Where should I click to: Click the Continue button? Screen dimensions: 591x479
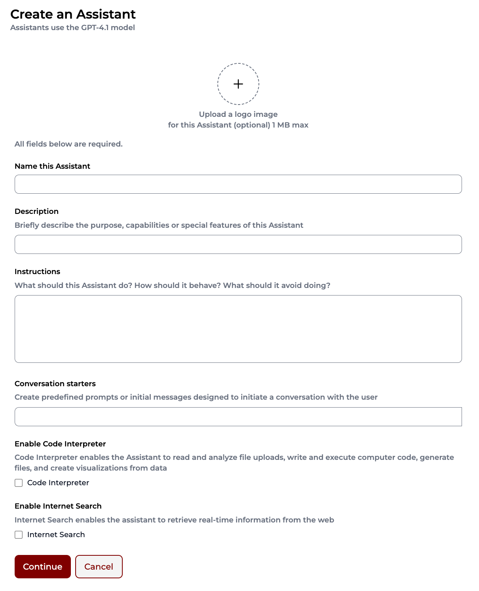[43, 566]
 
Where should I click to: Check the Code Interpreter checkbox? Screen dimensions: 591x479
[19, 483]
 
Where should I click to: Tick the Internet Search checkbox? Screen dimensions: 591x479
[19, 535]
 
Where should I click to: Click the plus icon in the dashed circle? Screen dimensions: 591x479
[238, 84]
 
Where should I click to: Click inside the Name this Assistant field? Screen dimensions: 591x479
[238, 184]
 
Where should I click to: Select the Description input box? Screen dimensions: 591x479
[238, 244]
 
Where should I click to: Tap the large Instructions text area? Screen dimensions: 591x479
[238, 329]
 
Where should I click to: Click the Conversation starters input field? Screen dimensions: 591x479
[238, 417]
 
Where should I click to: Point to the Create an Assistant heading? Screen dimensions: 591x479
[73, 14]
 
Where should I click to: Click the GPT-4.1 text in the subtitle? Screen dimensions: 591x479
[95, 28]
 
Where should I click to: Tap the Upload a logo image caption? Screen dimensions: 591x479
[238, 114]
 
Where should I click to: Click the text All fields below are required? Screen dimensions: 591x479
[68, 144]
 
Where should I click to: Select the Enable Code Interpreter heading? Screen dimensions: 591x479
[60, 444]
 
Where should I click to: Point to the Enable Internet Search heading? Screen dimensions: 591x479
[58, 506]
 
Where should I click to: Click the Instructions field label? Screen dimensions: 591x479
[37, 272]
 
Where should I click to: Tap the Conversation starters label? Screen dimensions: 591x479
[55, 384]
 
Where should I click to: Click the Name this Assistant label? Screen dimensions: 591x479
[52, 166]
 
